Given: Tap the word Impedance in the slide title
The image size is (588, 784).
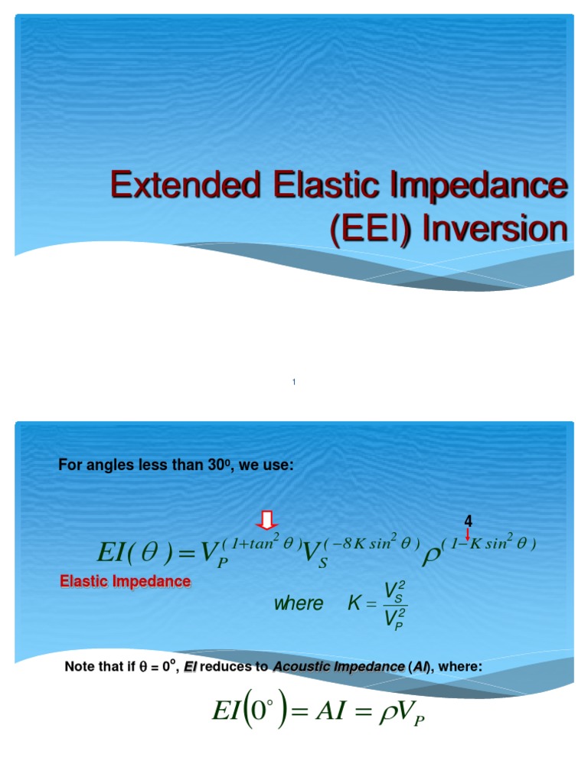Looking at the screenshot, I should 489,186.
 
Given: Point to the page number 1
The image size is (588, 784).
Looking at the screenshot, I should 294,382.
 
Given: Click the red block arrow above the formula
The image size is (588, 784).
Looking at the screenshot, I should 267,521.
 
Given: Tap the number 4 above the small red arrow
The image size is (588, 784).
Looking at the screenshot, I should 469,521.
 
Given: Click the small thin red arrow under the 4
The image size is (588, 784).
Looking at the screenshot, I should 469,534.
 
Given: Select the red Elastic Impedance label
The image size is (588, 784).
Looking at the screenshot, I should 126,582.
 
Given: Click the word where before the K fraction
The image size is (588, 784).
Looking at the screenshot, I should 299,603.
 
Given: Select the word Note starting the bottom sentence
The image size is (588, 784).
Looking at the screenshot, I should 80,667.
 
